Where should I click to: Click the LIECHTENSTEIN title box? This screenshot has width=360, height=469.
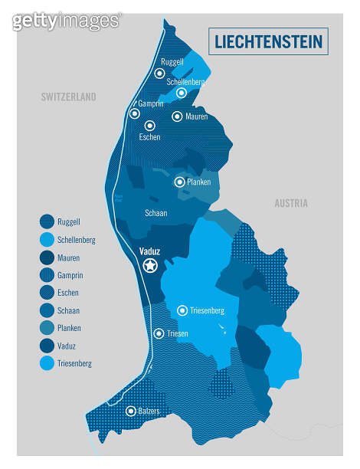[268, 41]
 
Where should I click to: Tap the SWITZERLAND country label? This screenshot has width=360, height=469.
[69, 97]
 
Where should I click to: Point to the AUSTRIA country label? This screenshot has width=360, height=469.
[291, 203]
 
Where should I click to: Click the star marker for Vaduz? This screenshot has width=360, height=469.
[150, 265]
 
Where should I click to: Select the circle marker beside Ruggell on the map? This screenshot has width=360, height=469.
[159, 74]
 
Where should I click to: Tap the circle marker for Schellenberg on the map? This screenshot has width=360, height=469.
[182, 93]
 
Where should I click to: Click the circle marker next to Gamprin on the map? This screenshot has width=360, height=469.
[135, 113]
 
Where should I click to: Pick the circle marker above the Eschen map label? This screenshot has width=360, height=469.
[150, 125]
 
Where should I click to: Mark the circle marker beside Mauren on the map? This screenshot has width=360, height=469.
[177, 116]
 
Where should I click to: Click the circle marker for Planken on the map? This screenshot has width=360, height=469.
[179, 182]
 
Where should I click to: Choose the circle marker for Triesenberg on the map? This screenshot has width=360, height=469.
[182, 310]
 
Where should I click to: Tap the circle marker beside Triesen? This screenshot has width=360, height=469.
[159, 333]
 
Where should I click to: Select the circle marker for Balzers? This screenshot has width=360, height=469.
[131, 411]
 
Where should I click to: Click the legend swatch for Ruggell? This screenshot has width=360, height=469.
[47, 222]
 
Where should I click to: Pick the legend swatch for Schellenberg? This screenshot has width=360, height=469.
[47, 240]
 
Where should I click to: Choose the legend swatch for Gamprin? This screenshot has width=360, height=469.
[47, 275]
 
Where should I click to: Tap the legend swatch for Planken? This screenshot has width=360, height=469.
[47, 328]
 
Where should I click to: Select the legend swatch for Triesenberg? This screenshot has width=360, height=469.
[47, 363]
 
